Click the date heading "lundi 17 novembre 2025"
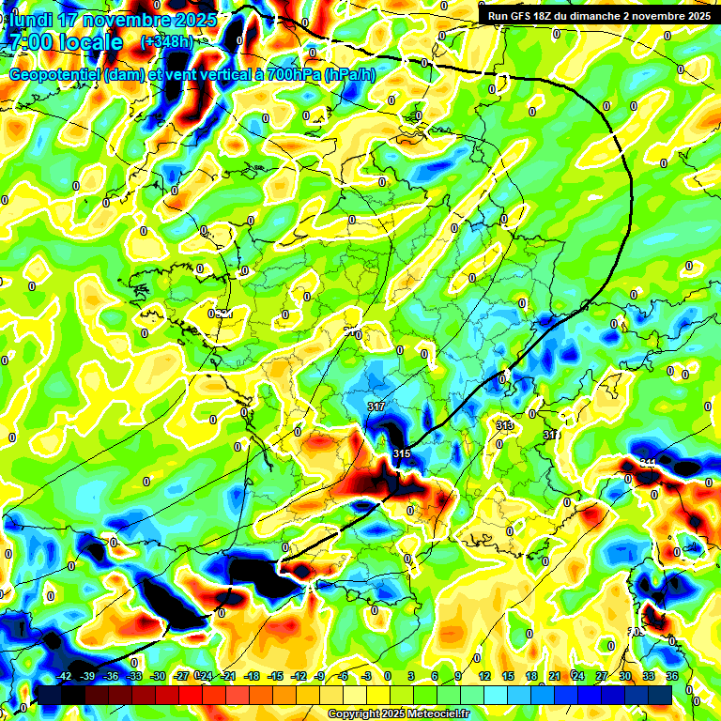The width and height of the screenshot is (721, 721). [x=114, y=20]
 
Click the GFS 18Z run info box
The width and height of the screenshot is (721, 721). [x=598, y=15]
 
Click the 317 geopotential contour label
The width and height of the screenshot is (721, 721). [x=376, y=407]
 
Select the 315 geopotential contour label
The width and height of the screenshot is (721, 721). [x=402, y=454]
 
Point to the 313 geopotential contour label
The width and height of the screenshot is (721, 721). [x=505, y=425]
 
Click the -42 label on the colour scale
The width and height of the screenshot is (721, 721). [x=65, y=676]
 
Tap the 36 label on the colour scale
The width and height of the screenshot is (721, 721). [x=671, y=676]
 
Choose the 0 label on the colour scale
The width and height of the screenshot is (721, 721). [x=387, y=676]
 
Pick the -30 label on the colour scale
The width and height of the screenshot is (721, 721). [x=158, y=676]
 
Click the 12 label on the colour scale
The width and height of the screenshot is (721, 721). [x=483, y=676]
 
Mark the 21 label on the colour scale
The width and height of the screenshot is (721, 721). [x=555, y=676]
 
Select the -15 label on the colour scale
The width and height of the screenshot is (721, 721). [x=275, y=676]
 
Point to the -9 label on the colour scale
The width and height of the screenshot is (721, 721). [x=321, y=676]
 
